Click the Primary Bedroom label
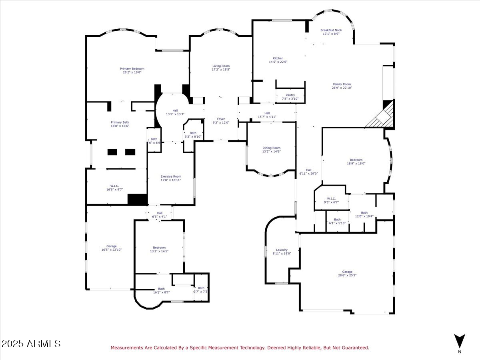pos(132,69)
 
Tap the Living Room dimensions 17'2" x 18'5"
pos(221,70)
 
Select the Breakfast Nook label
pos(331,30)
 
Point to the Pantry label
pos(290,95)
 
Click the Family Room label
pos(342,84)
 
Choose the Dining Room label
pos(271,148)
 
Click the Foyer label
pos(221,119)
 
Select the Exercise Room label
pos(171,176)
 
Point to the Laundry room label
pos(282,250)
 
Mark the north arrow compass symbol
pos(460,341)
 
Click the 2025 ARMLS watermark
pos(31,344)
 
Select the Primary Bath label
pos(120,122)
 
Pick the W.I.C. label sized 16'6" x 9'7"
pos(114,186)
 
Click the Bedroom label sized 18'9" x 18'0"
pos(356,160)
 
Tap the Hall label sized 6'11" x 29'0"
pos(308,170)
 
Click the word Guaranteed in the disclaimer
pos(353,348)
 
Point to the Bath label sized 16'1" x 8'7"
pos(161,289)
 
